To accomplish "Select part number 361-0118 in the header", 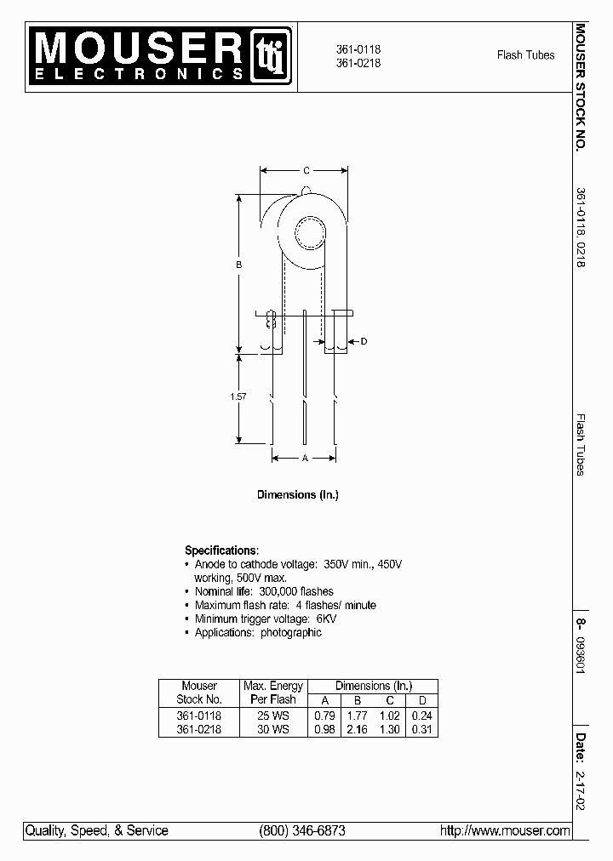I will [x=358, y=50].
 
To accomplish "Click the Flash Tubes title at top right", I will [x=525, y=55].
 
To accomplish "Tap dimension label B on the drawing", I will [x=239, y=265].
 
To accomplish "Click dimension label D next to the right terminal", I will [x=364, y=342].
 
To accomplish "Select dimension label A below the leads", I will [x=304, y=458].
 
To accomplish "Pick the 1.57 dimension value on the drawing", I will [x=239, y=397].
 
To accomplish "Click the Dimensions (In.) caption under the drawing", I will [x=298, y=494].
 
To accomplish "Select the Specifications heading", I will [x=221, y=550].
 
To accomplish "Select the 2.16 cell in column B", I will [x=357, y=730].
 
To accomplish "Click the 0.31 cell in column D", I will [x=421, y=730].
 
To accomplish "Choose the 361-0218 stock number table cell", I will [x=198, y=730].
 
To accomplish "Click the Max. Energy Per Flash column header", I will [x=272, y=693].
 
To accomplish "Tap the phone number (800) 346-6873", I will [x=301, y=830].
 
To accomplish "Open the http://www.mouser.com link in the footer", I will [x=504, y=830].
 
